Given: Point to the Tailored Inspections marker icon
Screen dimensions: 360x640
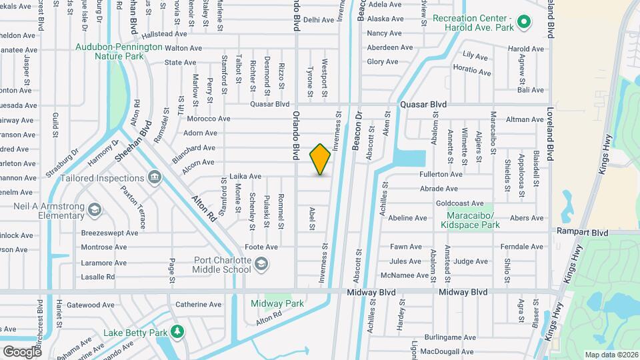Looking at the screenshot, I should click(155, 177).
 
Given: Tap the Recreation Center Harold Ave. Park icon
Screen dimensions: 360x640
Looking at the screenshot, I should click(523, 23).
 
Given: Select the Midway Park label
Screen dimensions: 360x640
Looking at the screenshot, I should click(277, 303).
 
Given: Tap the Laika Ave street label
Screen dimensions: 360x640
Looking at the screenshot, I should click(245, 177).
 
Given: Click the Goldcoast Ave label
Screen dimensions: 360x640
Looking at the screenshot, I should click(459, 203).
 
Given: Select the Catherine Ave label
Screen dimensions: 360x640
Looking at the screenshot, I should click(198, 305).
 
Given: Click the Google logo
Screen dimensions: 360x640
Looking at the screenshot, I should click(22, 351).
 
